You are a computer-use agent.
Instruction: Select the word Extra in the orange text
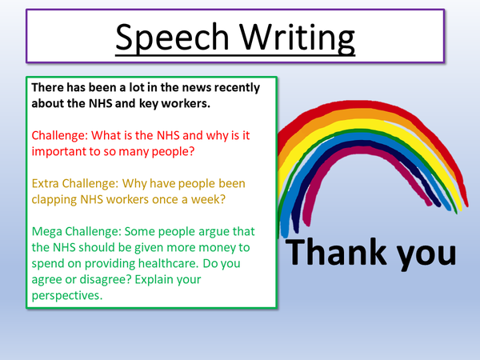tap(47, 183)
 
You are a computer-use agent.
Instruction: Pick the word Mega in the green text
tap(47, 232)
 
